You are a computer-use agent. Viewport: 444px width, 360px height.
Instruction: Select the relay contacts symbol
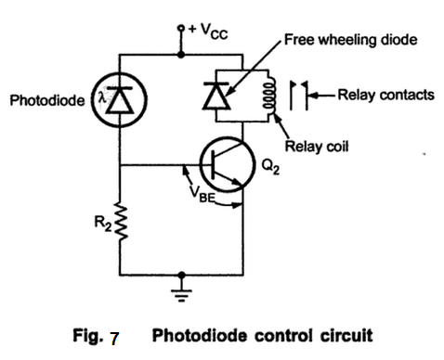tap(300, 95)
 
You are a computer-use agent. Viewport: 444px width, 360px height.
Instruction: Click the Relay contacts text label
tap(384, 95)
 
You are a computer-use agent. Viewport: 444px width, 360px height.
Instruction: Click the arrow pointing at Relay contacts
tap(323, 95)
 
